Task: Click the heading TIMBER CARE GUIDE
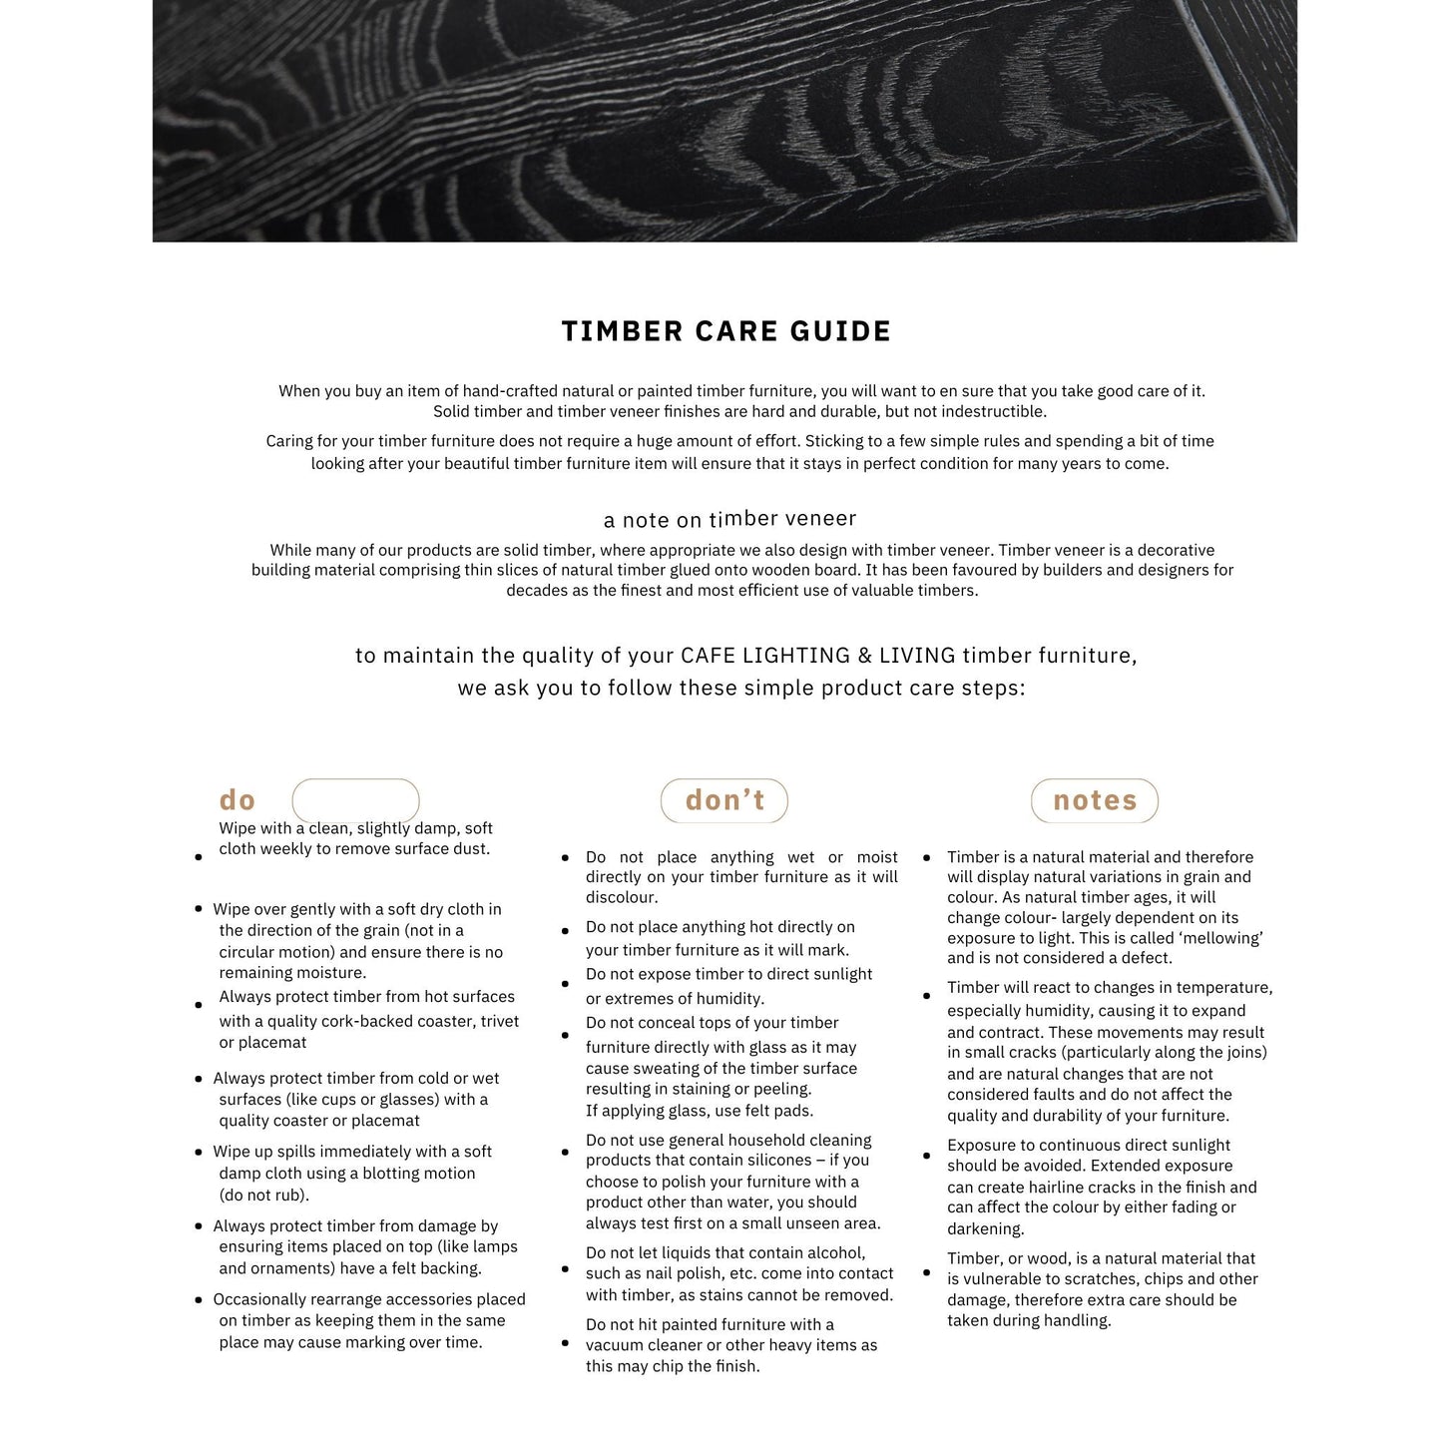[725, 331]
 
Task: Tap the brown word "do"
[238, 800]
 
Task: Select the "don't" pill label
[724, 800]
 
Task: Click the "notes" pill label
[1095, 800]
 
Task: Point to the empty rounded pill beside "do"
[355, 800]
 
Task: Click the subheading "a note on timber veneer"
[729, 519]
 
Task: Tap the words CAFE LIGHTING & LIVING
[817, 656]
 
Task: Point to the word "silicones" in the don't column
[778, 1160]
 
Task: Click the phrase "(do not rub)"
[264, 1195]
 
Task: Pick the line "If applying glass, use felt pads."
[700, 1111]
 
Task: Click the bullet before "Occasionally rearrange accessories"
[199, 1300]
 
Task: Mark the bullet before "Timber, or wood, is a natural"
[926, 1272]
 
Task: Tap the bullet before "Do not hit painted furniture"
[565, 1343]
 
